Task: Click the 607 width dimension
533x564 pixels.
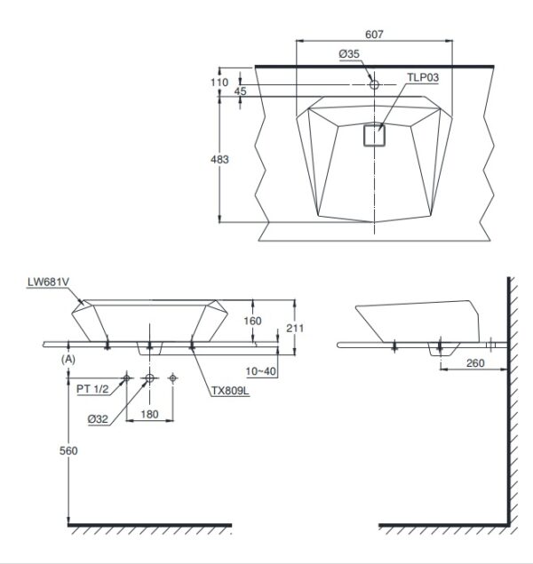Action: click(x=374, y=34)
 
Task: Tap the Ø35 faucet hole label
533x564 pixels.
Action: click(x=349, y=54)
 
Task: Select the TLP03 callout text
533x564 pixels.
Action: click(x=423, y=77)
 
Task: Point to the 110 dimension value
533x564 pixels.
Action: click(x=219, y=83)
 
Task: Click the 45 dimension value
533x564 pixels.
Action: click(x=240, y=91)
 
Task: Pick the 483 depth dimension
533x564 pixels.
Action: click(x=219, y=159)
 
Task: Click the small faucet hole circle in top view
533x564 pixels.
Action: click(x=374, y=84)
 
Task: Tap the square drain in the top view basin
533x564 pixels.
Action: click(x=374, y=135)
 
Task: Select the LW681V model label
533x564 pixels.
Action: click(x=48, y=282)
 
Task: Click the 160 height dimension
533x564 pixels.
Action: click(x=252, y=321)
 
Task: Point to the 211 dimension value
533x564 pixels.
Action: click(x=295, y=328)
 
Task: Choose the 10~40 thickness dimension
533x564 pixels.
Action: click(x=261, y=371)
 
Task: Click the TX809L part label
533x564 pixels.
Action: click(x=230, y=391)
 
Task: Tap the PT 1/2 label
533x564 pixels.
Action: click(x=92, y=389)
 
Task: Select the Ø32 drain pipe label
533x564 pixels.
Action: click(x=98, y=419)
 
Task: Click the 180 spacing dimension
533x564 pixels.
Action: click(x=149, y=415)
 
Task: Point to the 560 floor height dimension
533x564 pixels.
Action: click(x=68, y=450)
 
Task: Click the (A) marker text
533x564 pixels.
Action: click(x=68, y=360)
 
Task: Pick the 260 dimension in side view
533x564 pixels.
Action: click(x=475, y=363)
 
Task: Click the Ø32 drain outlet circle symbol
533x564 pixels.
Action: click(x=149, y=378)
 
